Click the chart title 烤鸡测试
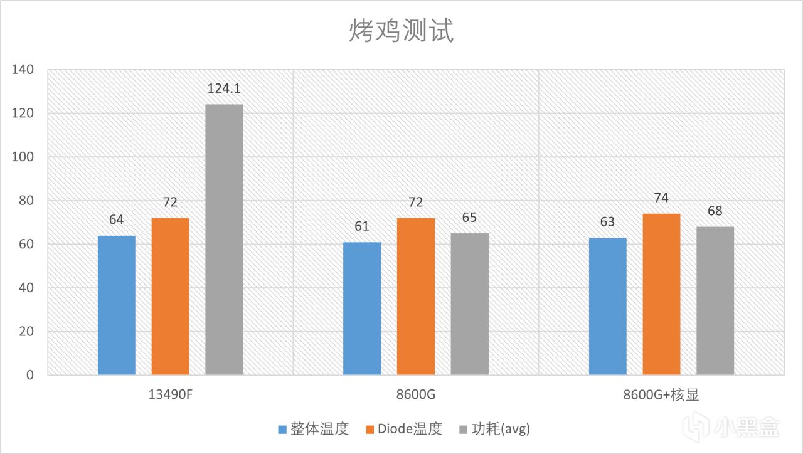click(401, 31)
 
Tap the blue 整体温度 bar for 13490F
click(117, 305)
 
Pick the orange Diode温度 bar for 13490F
click(170, 297)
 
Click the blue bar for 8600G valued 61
click(362, 309)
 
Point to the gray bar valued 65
click(469, 304)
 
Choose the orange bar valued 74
click(661, 294)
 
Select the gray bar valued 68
click(715, 301)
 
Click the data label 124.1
click(224, 88)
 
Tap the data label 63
click(607, 222)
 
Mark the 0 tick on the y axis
click(29, 375)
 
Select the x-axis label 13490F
click(170, 395)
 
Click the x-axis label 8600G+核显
click(661, 395)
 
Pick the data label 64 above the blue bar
click(117, 219)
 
